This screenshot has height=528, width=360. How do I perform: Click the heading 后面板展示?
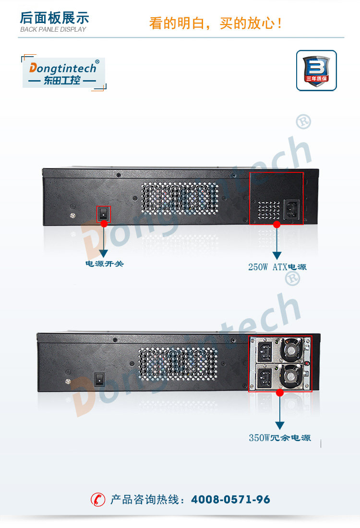54,18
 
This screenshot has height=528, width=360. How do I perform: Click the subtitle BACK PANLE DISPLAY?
53,30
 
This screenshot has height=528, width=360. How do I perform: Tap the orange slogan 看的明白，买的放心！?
216,23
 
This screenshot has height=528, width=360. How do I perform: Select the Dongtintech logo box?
64,72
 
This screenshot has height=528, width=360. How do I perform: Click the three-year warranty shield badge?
316,70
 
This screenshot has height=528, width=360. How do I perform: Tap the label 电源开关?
104,264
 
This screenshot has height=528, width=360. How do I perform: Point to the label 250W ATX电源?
277,267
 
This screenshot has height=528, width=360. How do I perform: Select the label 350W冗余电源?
279,438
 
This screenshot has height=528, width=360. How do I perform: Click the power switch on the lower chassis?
99,379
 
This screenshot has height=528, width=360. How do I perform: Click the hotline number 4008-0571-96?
230,500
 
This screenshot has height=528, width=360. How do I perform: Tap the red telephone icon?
98,500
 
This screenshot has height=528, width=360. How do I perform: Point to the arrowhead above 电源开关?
104,254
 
